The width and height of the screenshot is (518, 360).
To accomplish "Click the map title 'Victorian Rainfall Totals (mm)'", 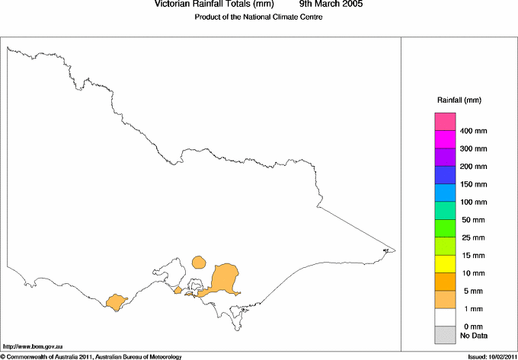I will click(x=213, y=5).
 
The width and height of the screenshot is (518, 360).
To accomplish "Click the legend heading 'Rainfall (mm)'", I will click(x=459, y=100).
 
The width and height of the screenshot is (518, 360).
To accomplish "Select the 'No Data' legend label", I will click(x=473, y=335).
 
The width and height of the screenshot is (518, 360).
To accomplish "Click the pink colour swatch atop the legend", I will click(x=445, y=122).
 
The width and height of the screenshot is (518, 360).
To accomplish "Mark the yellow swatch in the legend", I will click(x=445, y=263).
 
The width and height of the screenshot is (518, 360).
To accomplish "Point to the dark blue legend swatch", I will click(x=445, y=175).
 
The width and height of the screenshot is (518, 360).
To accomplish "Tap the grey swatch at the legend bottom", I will click(x=445, y=334).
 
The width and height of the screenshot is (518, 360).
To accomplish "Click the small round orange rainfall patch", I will click(x=199, y=263).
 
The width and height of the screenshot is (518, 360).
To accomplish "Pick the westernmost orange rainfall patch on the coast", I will click(x=116, y=302).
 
